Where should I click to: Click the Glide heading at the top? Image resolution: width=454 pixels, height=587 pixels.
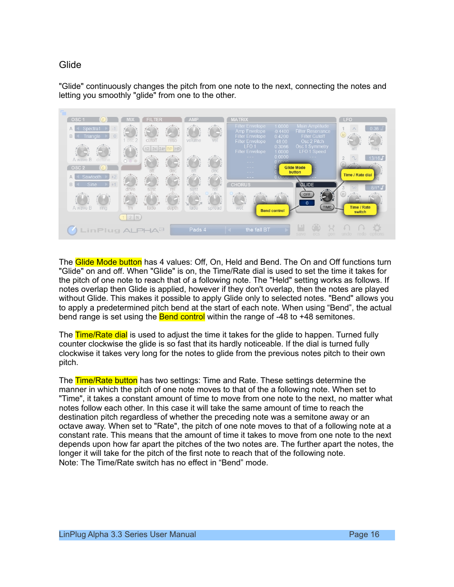click(70, 65)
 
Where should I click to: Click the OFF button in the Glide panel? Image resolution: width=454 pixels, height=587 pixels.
click(307, 194)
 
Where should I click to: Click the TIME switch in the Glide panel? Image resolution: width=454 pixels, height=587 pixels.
click(327, 207)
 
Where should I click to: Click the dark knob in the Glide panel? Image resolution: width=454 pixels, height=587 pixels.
click(327, 196)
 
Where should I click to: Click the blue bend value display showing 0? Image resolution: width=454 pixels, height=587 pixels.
click(307, 203)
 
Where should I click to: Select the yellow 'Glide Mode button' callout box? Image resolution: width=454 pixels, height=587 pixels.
click(295, 170)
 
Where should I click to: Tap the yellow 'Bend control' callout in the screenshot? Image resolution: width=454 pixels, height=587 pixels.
click(272, 210)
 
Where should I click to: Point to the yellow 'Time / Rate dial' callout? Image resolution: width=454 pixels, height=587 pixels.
click(357, 175)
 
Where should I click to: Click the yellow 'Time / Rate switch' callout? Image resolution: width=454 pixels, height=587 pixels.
click(360, 209)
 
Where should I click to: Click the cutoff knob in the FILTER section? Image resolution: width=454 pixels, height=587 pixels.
click(151, 132)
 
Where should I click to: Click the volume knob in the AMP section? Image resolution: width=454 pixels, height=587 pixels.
click(194, 132)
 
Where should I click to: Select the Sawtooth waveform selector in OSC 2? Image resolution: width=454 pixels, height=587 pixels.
click(92, 177)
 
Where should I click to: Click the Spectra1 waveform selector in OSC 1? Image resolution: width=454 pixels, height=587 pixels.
click(92, 129)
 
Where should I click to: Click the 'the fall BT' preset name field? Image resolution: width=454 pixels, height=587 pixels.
click(257, 230)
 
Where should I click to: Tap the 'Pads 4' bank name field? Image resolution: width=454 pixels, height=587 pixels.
click(197, 230)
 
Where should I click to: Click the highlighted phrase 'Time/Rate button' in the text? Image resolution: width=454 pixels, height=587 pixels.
click(106, 380)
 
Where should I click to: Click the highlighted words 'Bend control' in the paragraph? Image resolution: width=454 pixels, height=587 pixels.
click(182, 317)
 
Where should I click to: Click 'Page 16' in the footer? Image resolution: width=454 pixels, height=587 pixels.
click(364, 534)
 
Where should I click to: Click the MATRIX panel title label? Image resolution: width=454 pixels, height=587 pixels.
click(240, 120)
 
